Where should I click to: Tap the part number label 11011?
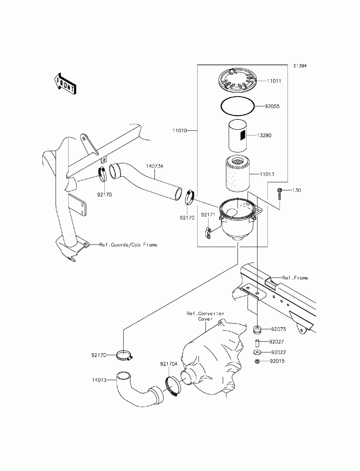(x=274, y=81)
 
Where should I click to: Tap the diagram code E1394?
(x=300, y=66)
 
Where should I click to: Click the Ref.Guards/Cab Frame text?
(x=129, y=245)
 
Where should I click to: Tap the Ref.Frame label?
(x=295, y=278)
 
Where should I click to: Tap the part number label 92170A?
(x=169, y=364)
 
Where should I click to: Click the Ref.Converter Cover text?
(x=206, y=316)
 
